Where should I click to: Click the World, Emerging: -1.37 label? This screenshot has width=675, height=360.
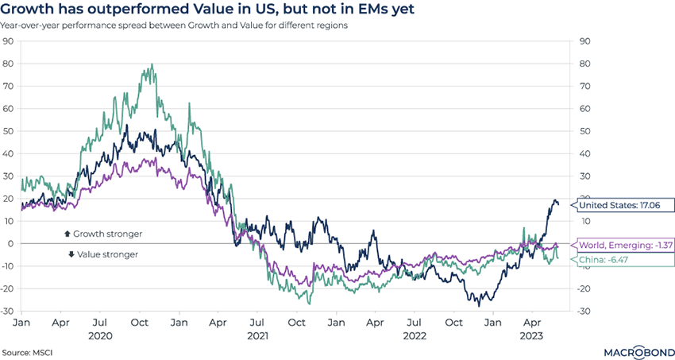coord(624,246)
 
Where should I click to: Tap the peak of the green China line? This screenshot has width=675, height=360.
coord(152,65)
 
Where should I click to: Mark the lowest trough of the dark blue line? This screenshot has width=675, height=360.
coord(479,305)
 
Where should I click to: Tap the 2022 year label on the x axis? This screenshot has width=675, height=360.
coord(414,336)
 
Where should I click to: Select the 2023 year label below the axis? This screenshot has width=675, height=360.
coord(530,336)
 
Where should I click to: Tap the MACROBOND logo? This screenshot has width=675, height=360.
coord(630,350)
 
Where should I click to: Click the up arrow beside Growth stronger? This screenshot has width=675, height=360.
coord(67,234)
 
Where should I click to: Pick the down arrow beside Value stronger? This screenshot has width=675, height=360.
coord(71,254)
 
